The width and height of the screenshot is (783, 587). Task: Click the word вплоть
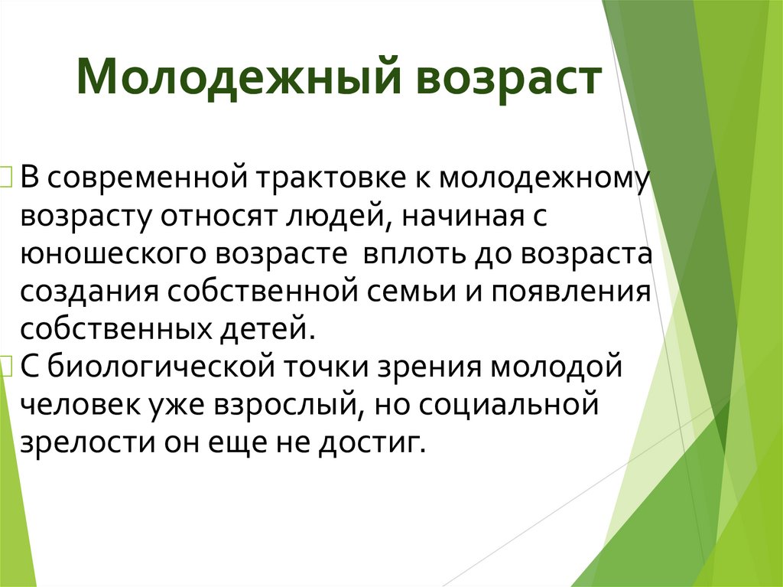(x=409, y=253)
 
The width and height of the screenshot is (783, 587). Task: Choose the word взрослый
(x=293, y=404)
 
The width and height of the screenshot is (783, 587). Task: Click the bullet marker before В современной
(x=8, y=179)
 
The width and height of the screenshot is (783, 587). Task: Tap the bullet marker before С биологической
(x=8, y=367)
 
